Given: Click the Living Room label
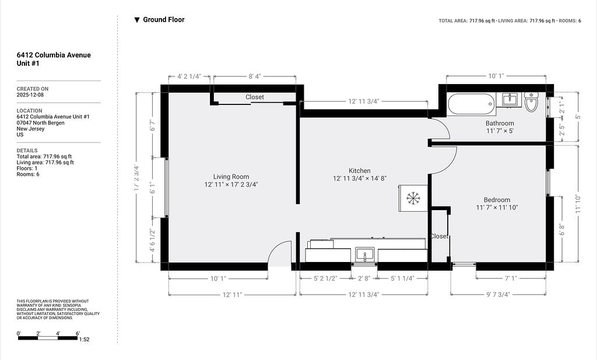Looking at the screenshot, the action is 231,177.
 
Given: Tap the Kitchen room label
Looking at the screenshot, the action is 359,171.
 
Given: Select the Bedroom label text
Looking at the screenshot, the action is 497,200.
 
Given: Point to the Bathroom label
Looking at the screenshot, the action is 500,124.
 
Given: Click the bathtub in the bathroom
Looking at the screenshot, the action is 471,104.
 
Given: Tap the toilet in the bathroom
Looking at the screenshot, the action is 531,102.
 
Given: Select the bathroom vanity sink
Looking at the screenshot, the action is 510,99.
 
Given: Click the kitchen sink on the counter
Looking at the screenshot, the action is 365,254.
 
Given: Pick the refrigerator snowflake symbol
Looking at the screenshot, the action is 413,198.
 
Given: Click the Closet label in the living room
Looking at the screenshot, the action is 254,97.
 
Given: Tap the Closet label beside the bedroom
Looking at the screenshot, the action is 439,236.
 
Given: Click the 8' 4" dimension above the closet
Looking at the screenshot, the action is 254,76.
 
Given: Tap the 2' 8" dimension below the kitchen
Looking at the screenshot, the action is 364,278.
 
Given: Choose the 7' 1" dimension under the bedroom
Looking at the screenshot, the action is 511,278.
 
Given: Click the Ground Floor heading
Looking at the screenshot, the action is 164,20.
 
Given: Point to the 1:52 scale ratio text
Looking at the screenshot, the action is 84,340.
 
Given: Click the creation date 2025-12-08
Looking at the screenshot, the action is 30,95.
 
